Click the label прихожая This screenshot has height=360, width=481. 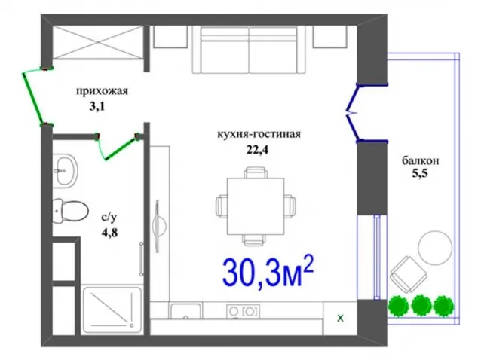pyautogui.click(x=102, y=92)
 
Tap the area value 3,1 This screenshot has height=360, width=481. pyautogui.click(x=97, y=107)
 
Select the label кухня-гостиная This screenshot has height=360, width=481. pyautogui.click(x=259, y=135)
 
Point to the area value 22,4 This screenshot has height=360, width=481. pyautogui.click(x=257, y=150)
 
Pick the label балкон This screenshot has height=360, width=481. pyautogui.click(x=421, y=161)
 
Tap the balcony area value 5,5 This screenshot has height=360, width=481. pyautogui.click(x=420, y=174)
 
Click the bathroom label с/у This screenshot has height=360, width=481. pyautogui.click(x=109, y=218)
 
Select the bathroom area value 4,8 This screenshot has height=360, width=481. pyautogui.click(x=109, y=233)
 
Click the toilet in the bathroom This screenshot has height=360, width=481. pyautogui.click(x=70, y=210)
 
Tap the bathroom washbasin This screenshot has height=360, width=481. pyautogui.click(x=65, y=171)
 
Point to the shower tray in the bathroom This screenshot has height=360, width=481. pyautogui.click(x=112, y=310)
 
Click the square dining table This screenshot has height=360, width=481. pyautogui.click(x=256, y=206)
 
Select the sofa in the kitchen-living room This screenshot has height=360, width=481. pyautogui.click(x=249, y=50)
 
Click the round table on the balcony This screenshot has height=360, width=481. pyautogui.click(x=435, y=248)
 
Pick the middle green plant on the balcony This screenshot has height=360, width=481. pyautogui.click(x=421, y=306)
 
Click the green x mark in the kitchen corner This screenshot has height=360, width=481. pyautogui.click(x=340, y=319)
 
